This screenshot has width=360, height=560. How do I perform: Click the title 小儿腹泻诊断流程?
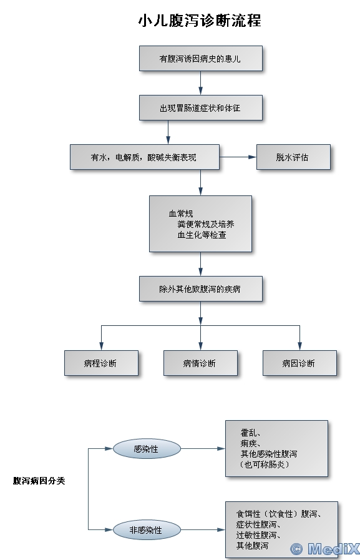tap(200, 21)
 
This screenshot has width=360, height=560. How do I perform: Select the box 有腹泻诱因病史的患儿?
tap(201, 58)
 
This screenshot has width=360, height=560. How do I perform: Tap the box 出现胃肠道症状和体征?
tap(201, 107)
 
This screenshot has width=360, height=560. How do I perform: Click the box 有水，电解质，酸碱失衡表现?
tap(145, 157)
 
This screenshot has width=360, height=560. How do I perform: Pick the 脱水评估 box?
tap(293, 157)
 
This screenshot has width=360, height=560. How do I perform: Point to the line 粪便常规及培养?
tap(206, 224)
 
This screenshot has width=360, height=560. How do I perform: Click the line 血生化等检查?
tap(202, 235)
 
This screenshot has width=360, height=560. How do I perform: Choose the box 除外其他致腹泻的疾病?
tap(201, 288)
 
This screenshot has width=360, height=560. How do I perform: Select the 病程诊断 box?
tap(101, 363)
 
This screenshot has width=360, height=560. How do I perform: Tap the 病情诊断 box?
tap(200, 363)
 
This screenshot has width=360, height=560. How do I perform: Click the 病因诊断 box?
tap(299, 363)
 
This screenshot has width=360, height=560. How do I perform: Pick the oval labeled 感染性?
tap(147, 449)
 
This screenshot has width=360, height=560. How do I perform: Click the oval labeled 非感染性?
tap(147, 529)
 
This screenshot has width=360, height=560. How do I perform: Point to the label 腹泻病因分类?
tap(39, 481)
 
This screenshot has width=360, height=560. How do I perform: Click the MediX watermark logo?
tap(324, 549)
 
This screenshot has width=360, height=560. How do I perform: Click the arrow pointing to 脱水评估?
tap(238, 157)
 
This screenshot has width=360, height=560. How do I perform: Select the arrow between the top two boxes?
tap(200, 83)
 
